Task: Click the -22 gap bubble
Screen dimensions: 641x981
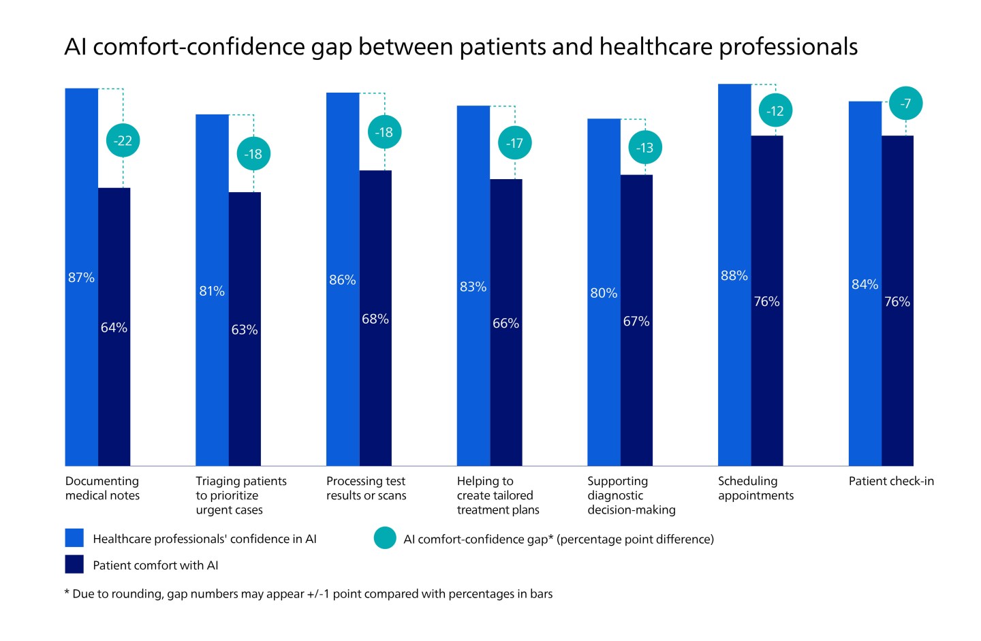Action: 123,141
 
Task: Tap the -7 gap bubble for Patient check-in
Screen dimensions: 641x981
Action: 905,104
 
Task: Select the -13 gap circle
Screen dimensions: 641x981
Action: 644,148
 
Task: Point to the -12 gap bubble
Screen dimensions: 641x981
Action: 775,111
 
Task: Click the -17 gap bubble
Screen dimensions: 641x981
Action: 514,143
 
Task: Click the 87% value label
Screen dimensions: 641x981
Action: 81,278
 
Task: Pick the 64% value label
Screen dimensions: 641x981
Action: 114,328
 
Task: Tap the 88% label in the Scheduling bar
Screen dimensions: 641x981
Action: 734,276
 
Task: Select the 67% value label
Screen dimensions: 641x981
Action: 636,322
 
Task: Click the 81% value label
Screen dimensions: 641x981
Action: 212,292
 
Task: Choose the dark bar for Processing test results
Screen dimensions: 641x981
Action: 375,381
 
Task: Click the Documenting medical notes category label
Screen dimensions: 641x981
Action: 102,488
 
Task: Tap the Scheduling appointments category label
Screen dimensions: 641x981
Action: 756,488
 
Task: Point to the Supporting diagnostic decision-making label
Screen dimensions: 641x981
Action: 631,495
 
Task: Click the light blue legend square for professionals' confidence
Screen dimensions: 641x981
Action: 74,538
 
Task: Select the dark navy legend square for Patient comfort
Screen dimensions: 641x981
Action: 74,565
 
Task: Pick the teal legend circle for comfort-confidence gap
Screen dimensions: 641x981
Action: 385,538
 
